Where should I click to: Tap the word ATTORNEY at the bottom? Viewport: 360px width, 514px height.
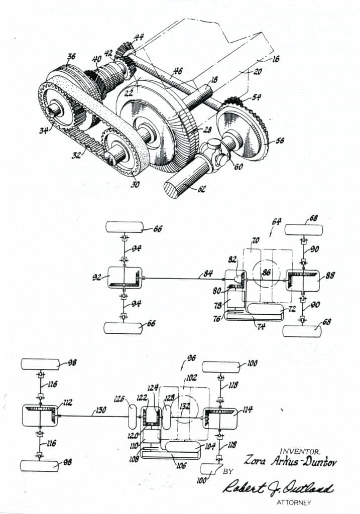(x=294, y=502)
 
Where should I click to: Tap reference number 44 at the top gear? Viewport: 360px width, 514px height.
(x=137, y=36)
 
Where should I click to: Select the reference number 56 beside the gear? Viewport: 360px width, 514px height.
(x=279, y=141)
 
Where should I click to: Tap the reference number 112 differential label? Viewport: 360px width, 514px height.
(x=67, y=402)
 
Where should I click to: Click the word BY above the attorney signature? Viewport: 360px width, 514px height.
(x=228, y=471)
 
